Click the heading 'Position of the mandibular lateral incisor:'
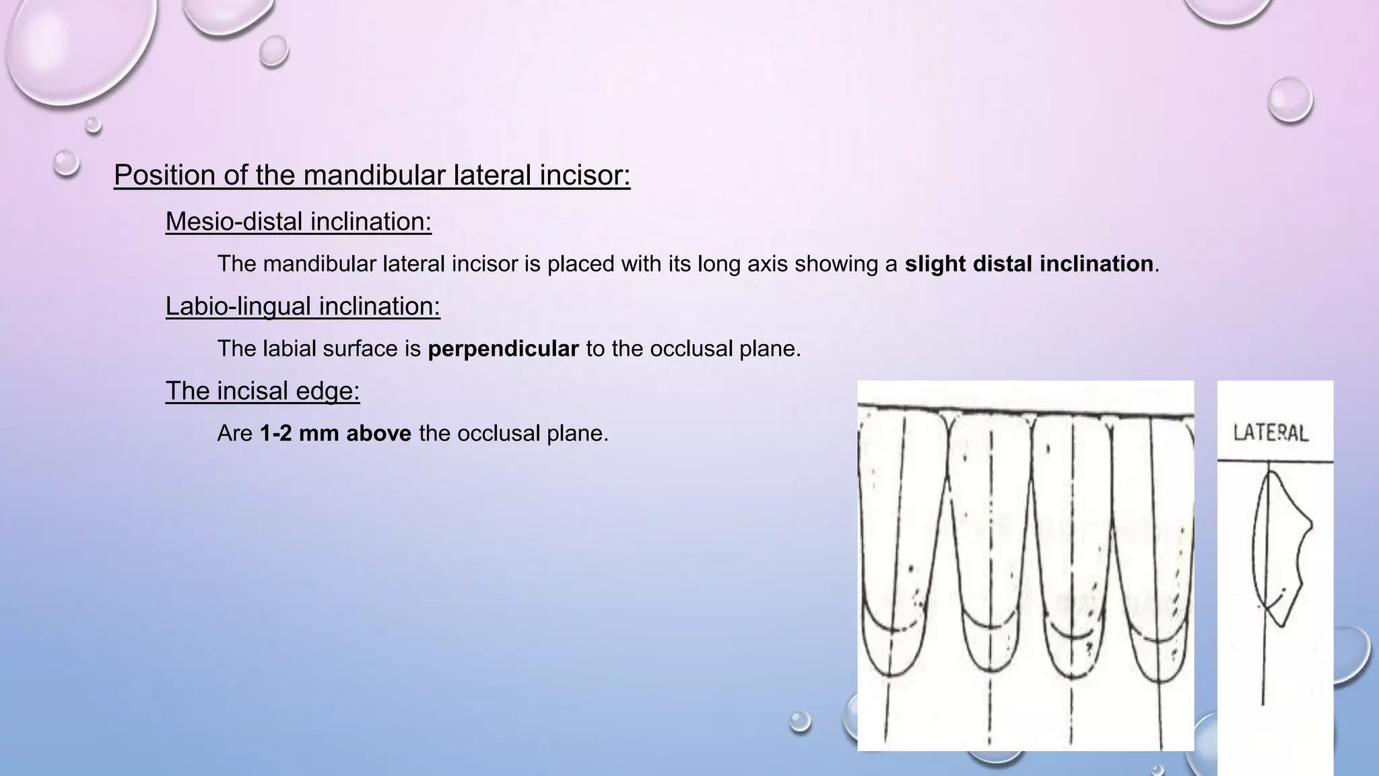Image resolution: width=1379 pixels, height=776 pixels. tap(372, 175)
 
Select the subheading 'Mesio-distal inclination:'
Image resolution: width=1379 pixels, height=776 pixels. tap(298, 222)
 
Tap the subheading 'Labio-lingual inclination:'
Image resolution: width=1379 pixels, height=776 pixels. tap(302, 306)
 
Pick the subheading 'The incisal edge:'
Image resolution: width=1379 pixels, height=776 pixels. tap(263, 391)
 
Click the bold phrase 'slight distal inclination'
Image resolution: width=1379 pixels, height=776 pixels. tap(1028, 264)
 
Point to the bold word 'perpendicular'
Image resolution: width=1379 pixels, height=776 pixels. tap(503, 349)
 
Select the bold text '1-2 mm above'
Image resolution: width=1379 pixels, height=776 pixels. tap(335, 433)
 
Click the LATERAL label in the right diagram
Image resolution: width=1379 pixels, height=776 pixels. tap(1271, 432)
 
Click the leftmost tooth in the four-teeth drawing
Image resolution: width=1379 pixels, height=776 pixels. tap(899, 539)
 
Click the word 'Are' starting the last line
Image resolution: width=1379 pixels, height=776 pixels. tap(235, 433)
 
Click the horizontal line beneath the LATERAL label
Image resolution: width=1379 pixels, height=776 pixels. tap(1275, 461)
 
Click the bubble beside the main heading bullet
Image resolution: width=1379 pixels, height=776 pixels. tap(67, 162)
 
